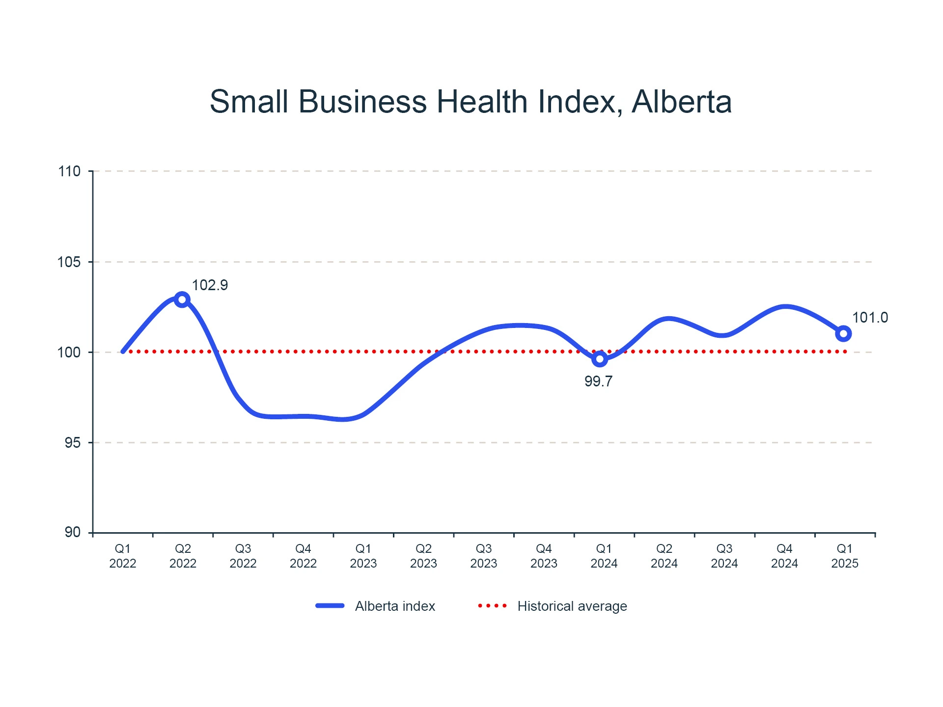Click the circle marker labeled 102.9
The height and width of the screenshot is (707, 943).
coord(182,299)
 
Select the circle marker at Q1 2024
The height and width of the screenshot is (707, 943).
coord(599,359)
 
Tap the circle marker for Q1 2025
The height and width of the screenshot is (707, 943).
coord(843,334)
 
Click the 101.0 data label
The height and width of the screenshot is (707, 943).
coord(870,318)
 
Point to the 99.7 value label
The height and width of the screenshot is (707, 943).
coord(598,381)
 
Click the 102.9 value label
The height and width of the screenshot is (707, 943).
coord(210,285)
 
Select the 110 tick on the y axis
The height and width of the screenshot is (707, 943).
coord(69,171)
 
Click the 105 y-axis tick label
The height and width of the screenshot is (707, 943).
coord(69,262)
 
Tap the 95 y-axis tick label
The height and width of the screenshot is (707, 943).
coord(73,443)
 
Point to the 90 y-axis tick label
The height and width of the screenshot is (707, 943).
coord(73,532)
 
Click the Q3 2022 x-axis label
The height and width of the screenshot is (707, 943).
coord(243,556)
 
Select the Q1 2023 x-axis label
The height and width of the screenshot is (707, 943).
coord(363,556)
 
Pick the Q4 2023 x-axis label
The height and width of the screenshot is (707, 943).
coord(544,556)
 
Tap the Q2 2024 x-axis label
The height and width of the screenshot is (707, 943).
coord(664,556)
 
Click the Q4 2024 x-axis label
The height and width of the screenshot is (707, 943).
coord(784,556)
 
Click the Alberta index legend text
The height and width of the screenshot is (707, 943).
coord(395,606)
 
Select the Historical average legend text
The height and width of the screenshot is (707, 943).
coord(572,606)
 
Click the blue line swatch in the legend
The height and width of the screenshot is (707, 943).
coord(330,606)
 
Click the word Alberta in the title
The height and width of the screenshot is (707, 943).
coord(682,102)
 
